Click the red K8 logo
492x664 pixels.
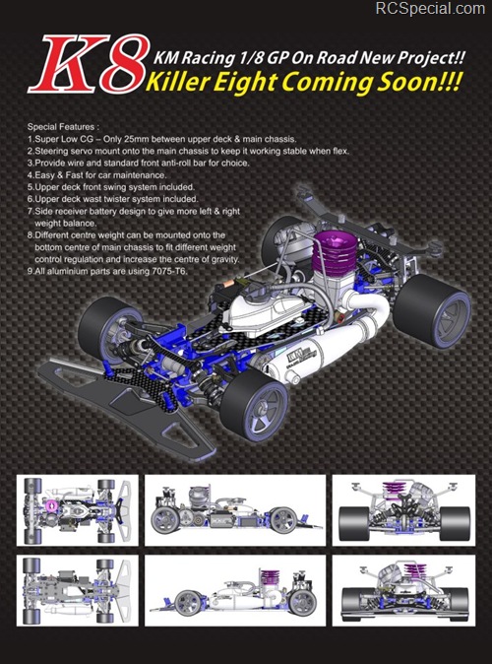[89, 64]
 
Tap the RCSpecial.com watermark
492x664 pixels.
[430, 9]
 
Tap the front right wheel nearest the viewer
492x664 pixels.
[254, 404]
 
